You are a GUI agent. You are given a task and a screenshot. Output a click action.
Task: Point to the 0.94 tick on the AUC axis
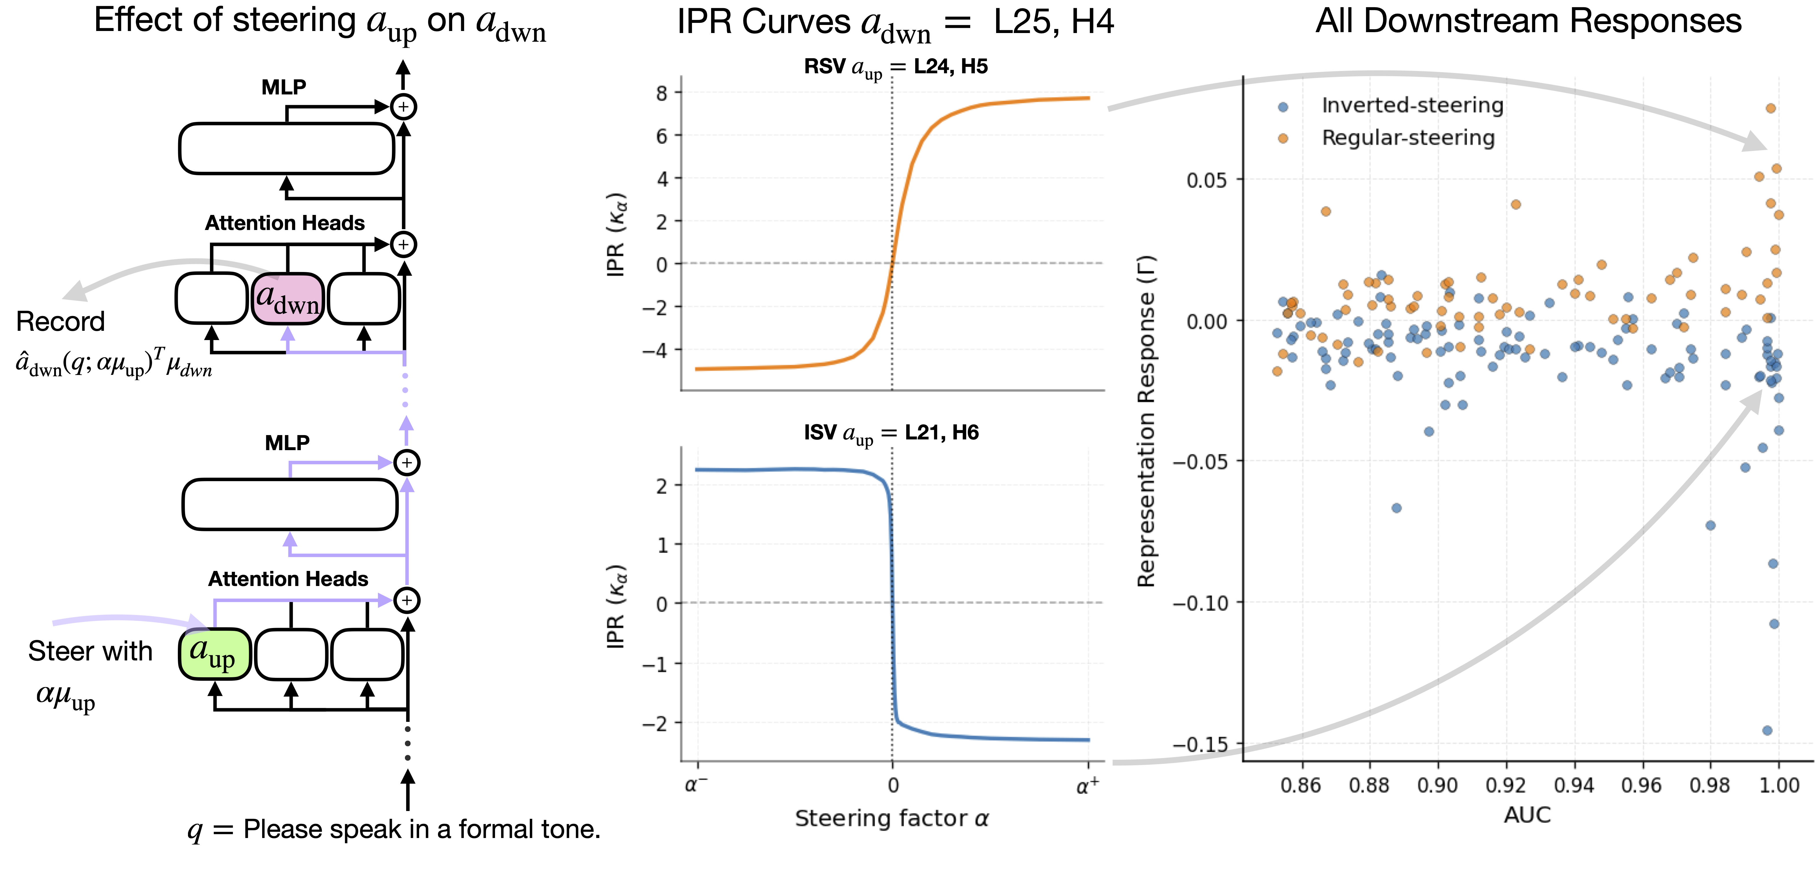(x=1574, y=785)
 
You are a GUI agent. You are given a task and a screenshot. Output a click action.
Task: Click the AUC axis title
(x=1527, y=815)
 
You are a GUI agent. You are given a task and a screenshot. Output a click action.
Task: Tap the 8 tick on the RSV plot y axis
(x=662, y=92)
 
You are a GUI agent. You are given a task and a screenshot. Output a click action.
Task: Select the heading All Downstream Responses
(x=1528, y=21)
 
